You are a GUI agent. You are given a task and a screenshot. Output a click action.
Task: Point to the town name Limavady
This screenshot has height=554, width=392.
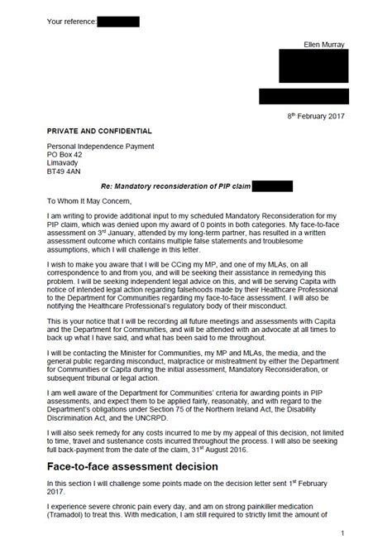pyautogui.click(x=65, y=164)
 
